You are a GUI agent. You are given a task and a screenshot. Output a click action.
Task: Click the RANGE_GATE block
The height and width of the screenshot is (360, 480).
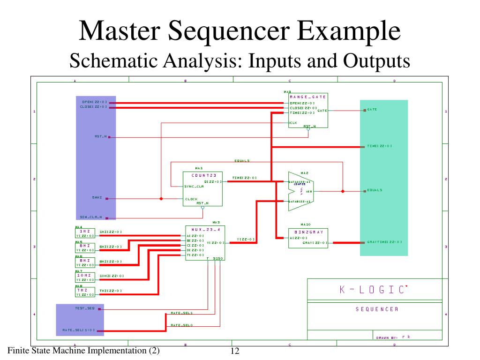(x=307, y=111)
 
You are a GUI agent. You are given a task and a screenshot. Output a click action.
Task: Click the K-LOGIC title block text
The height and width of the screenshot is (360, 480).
(x=374, y=290)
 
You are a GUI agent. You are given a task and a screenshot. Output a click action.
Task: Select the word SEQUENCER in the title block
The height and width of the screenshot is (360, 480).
(x=377, y=309)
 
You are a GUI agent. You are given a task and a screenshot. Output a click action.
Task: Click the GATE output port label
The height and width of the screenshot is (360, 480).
(x=372, y=110)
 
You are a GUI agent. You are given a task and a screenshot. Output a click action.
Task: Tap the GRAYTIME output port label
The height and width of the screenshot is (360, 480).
(x=384, y=242)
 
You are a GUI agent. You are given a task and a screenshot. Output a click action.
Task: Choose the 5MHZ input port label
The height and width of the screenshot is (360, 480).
(x=97, y=198)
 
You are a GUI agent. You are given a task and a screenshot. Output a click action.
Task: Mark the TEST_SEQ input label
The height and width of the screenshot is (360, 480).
(x=85, y=308)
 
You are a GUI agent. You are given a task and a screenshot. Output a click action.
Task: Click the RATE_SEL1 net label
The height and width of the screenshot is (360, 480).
(x=182, y=313)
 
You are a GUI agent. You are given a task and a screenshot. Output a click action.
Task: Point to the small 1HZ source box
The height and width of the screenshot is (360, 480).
(x=85, y=233)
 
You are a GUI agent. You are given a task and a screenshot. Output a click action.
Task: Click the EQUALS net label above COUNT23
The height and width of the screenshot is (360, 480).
(x=242, y=161)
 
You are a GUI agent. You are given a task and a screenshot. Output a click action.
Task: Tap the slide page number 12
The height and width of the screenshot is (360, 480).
(x=235, y=352)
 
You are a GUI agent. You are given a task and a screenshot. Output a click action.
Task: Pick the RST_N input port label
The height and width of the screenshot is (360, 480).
(x=101, y=136)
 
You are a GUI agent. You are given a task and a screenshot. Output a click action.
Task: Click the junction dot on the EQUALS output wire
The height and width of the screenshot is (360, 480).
(x=343, y=191)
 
